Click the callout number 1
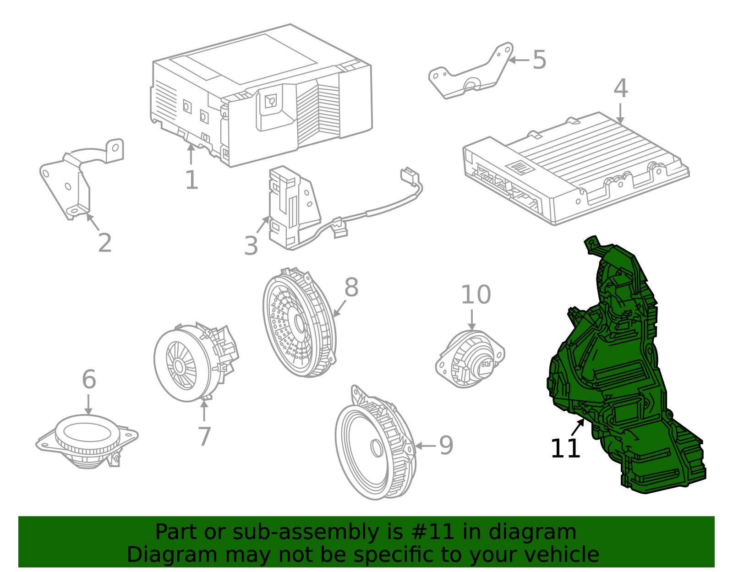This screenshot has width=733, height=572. coord(191,180)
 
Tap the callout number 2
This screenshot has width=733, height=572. coord(105,243)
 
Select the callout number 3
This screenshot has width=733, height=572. coord(251,246)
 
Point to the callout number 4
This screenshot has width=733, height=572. coord(621,88)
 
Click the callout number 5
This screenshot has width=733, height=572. coord(539,60)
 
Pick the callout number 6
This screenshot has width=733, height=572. coord(89,380)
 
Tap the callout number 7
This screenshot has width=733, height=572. coord(204,436)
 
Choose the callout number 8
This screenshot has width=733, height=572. coord(351,288)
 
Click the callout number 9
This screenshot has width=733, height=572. coord(446,446)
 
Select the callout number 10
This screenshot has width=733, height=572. coord(476,294)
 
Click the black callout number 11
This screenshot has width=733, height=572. coord(565,449)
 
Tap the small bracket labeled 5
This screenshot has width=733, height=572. coord(472,73)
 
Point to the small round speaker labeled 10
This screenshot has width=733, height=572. coord(470,360)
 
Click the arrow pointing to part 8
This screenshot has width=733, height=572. coord(339,308)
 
